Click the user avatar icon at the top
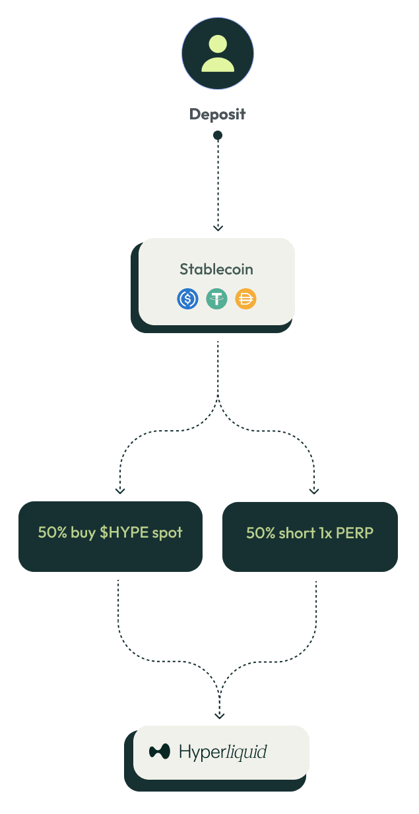click(218, 53)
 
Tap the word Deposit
click(218, 114)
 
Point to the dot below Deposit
click(218, 135)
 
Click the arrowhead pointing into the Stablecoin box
click(218, 228)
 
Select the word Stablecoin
click(216, 269)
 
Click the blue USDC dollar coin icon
click(187, 299)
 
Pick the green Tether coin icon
click(216, 299)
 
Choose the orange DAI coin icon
click(245, 299)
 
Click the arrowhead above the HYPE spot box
click(119, 490)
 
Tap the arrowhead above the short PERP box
click(314, 490)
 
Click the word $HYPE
click(125, 532)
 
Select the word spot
click(168, 533)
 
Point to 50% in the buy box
click(52, 532)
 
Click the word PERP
click(355, 532)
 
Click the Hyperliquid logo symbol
click(160, 751)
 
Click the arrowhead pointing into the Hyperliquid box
click(220, 716)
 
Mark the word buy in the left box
click(83, 532)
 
